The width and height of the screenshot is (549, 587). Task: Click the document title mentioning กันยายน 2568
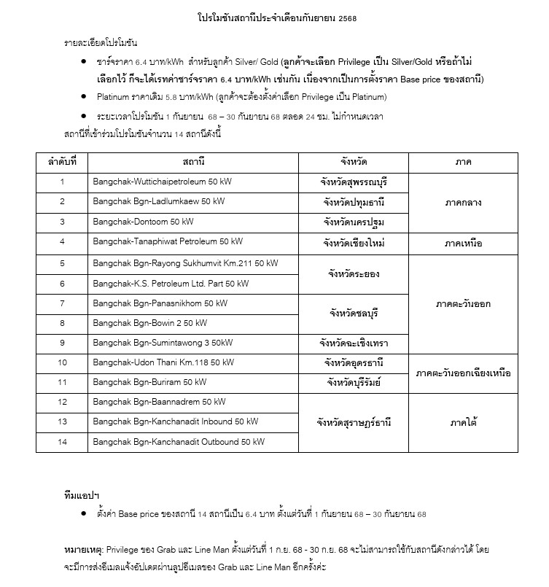click(273, 17)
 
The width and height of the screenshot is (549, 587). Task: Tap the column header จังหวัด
click(353, 161)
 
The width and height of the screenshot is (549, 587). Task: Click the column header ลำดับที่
click(62, 161)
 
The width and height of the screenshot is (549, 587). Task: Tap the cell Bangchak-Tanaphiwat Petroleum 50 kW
click(168, 241)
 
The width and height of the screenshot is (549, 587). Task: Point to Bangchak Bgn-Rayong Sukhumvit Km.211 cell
click(185, 263)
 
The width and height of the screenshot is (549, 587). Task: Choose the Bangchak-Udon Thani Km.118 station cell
click(163, 362)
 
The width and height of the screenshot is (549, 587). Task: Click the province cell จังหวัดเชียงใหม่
click(353, 242)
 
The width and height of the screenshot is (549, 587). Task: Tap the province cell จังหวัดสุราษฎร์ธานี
click(353, 422)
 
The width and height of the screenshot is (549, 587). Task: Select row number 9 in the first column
click(62, 342)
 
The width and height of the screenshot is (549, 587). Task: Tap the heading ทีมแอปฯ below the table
click(81, 495)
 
